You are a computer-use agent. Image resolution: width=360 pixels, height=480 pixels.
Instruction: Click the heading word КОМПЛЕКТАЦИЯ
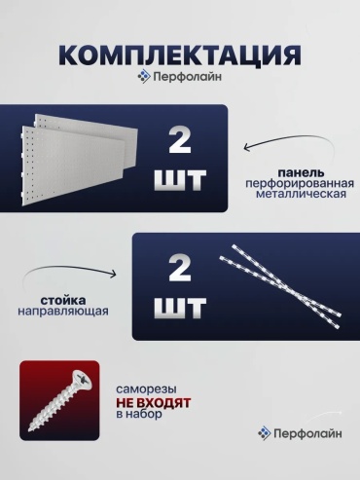tap(180, 55)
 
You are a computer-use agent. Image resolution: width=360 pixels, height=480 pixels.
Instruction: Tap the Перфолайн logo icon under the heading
tap(144, 77)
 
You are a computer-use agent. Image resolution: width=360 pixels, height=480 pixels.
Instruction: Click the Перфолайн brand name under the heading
tap(188, 77)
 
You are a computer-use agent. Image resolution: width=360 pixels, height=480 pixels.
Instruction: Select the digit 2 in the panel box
tap(180, 140)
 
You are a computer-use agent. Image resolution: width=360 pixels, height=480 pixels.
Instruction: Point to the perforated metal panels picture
tap(80, 160)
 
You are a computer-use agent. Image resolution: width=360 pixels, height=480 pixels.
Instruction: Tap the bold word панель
tap(301, 173)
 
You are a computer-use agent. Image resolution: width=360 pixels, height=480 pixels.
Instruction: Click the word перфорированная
tap(300, 184)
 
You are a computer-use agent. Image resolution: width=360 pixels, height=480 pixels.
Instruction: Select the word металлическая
tap(301, 194)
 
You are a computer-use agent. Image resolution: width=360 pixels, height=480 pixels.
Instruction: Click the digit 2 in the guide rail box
tap(180, 268)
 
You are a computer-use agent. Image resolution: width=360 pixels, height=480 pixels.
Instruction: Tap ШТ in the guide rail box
tap(180, 308)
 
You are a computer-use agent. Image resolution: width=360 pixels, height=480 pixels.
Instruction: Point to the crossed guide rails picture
tap(280, 286)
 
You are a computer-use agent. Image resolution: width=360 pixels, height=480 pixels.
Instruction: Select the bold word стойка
tap(63, 301)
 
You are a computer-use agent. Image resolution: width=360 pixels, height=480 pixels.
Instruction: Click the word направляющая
tap(63, 311)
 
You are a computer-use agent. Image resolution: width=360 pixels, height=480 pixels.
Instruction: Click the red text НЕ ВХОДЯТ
tap(154, 403)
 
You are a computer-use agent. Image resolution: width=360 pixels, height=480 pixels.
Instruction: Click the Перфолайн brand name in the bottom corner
tap(307, 433)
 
